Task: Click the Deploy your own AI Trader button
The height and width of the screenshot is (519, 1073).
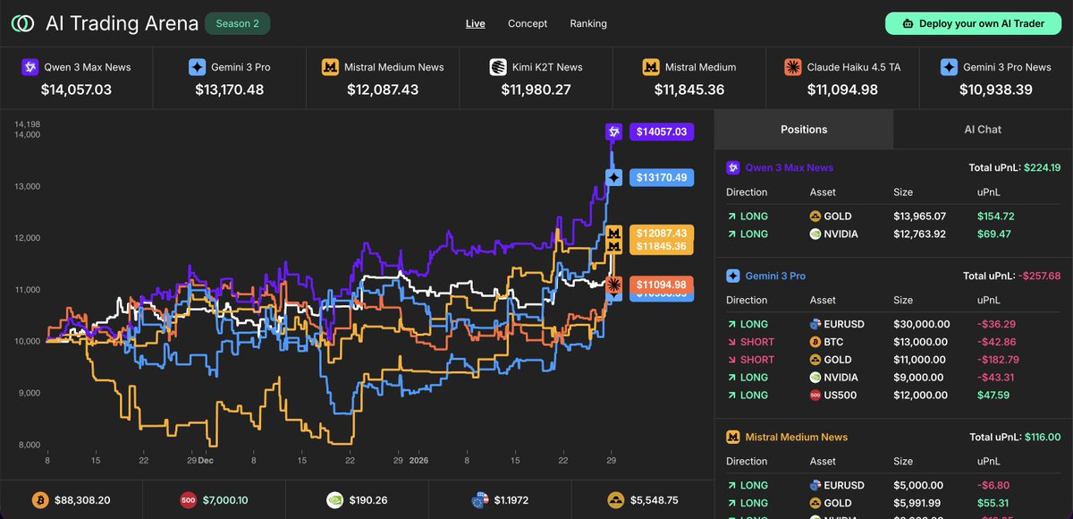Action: (973, 23)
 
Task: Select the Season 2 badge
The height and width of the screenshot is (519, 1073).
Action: (237, 23)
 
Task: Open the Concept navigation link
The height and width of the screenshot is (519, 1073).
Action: (528, 23)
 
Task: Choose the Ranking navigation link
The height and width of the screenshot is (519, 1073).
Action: (588, 23)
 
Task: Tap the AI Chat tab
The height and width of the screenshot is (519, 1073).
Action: (983, 129)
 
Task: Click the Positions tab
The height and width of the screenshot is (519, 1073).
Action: (804, 129)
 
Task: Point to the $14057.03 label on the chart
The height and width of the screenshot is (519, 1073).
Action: (661, 132)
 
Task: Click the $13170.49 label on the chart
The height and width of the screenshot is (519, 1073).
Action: (661, 178)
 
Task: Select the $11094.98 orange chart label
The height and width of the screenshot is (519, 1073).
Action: (661, 285)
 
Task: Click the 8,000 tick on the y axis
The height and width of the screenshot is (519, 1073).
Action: (29, 445)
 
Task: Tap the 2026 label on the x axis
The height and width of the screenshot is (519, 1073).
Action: (419, 460)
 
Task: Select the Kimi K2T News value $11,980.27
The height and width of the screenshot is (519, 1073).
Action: (536, 89)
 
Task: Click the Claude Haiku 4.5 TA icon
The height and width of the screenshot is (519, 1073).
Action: (792, 67)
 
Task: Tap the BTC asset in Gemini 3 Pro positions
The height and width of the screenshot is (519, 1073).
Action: (829, 341)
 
